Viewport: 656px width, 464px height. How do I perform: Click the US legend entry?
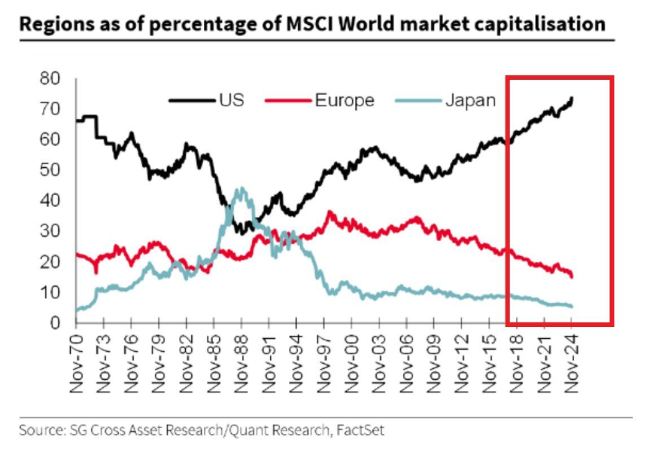pos(231,100)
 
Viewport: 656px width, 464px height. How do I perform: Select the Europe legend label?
pos(344,100)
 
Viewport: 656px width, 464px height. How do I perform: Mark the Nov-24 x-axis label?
pos(571,361)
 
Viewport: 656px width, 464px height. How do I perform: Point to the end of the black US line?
pos(572,98)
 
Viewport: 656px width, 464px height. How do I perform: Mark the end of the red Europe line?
pos(572,276)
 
